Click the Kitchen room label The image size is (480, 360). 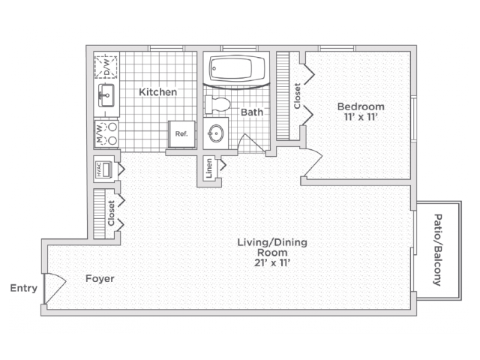158,91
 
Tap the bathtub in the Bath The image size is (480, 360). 237,68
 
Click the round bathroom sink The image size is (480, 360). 216,133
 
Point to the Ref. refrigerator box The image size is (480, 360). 181,134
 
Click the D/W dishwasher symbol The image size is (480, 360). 106,66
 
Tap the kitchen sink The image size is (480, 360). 106,95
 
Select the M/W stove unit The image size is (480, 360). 106,133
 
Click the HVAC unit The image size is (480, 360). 103,169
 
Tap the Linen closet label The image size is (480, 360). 209,168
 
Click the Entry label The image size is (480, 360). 24,288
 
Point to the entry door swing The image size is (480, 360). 55,288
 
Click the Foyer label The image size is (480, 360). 100,278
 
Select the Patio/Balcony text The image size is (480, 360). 438,250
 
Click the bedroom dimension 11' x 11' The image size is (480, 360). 361,117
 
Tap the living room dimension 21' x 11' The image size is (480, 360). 272,262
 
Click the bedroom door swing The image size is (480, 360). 312,163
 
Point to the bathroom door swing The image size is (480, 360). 251,143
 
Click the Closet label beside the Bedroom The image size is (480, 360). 297,96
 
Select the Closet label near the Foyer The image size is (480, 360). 111,213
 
